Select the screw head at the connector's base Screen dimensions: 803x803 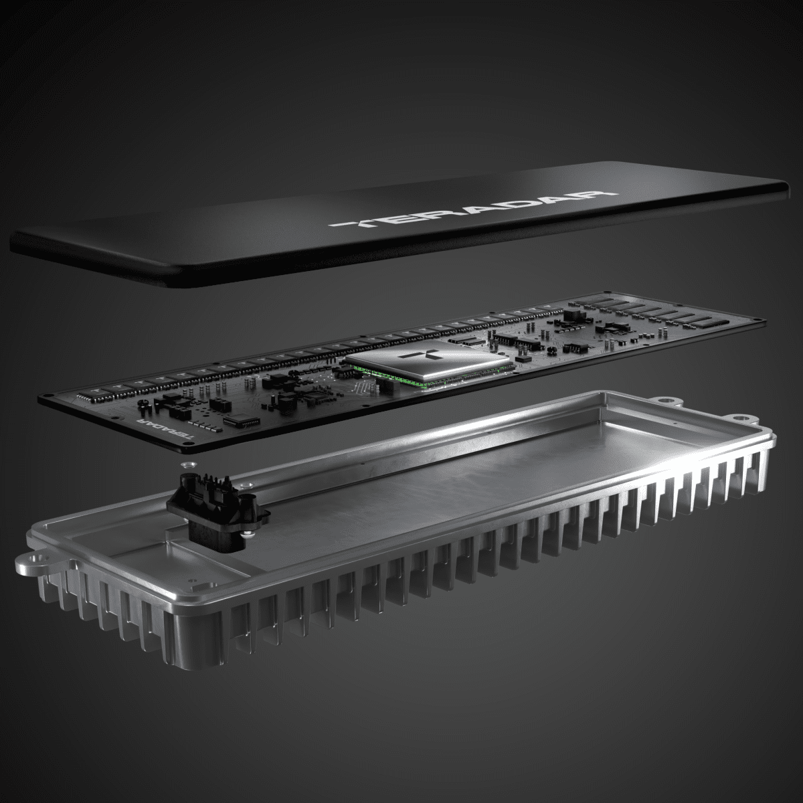(248, 533)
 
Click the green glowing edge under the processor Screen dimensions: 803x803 (435, 385)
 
